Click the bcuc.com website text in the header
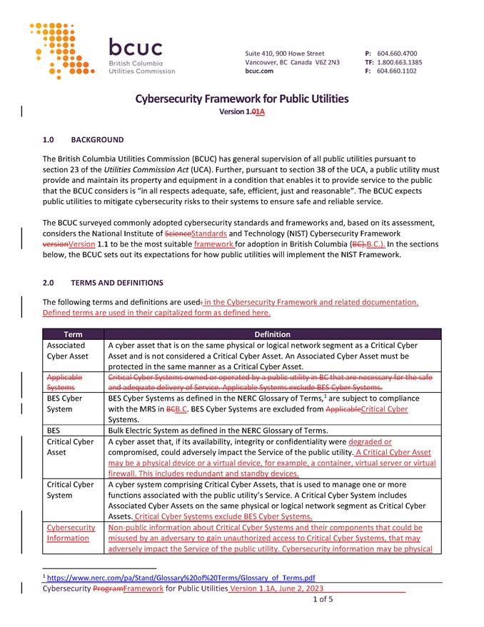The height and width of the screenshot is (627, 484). tap(259, 71)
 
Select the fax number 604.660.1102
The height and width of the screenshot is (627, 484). tap(396, 71)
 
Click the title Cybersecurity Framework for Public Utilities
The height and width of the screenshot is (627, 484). tap(242, 99)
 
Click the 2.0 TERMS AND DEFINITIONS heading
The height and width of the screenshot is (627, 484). tap(103, 283)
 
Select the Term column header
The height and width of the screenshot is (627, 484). tap(73, 334)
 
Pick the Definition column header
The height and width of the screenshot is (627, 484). tap(272, 334)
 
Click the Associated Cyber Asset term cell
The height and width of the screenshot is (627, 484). tap(68, 350)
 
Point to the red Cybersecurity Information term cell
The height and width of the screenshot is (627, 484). tap(71, 533)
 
